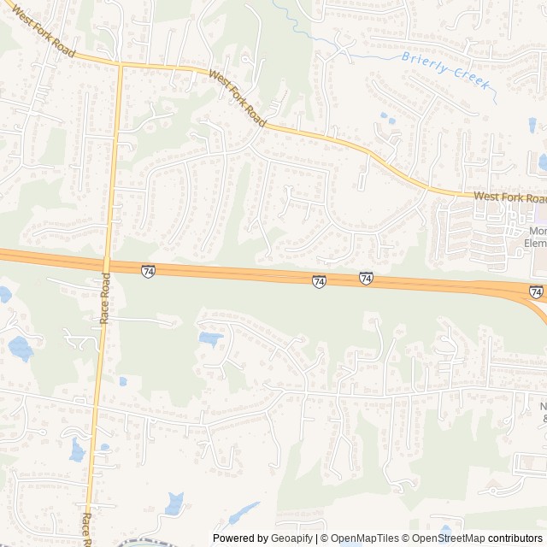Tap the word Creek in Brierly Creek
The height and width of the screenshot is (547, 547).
(470, 75)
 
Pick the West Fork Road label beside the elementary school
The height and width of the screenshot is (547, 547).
(509, 197)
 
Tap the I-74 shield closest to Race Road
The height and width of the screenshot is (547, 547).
(148, 271)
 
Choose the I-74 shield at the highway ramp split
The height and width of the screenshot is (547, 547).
(536, 292)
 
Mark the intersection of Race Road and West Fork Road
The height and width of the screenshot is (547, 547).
(121, 64)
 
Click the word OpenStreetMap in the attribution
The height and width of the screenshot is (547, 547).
(450, 538)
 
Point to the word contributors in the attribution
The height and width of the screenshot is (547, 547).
(515, 538)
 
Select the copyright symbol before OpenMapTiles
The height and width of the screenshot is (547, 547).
(323, 538)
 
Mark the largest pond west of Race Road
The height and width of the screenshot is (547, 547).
(20, 348)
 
